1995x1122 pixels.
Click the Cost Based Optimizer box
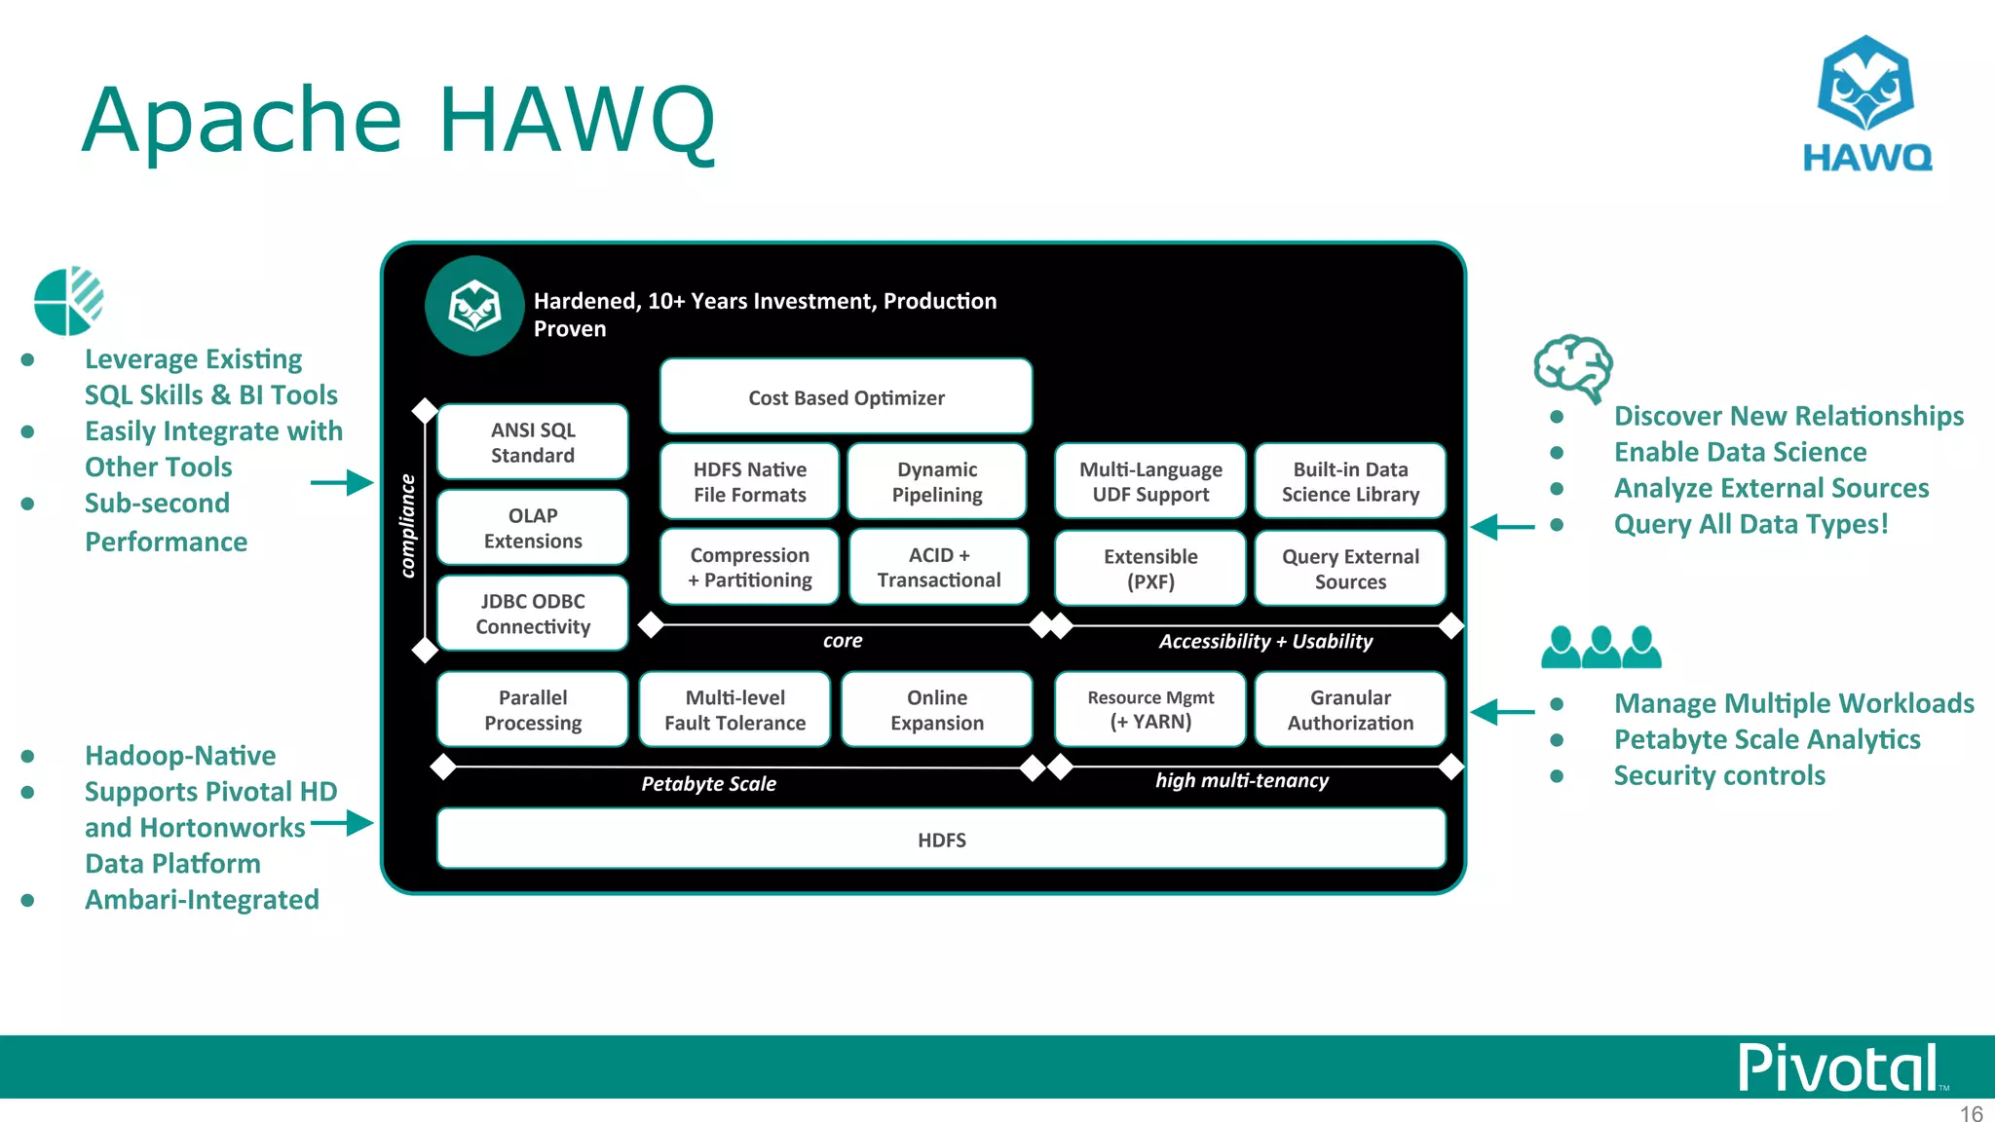coord(846,396)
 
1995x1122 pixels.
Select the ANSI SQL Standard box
coord(533,442)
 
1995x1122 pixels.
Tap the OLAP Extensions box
coord(533,528)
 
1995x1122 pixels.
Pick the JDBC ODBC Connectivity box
coord(533,614)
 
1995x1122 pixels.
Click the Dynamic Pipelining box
coord(937,482)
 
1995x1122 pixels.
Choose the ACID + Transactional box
coord(939,567)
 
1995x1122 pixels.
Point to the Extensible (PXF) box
coord(1150,569)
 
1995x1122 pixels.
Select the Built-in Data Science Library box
coord(1350,482)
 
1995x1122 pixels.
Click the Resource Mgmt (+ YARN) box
coord(1150,710)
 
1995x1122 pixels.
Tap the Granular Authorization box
coord(1350,710)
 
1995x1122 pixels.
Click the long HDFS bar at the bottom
coord(941,839)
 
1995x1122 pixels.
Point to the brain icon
coord(1573,368)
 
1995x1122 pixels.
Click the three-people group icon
coord(1600,647)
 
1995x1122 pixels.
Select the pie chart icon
coord(68,301)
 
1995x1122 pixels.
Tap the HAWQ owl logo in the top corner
coord(1866,103)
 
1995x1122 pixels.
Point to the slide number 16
coord(1971,1113)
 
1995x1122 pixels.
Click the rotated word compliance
coord(408,526)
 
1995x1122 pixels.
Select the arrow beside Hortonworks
coord(342,824)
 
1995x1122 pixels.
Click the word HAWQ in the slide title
coord(577,121)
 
